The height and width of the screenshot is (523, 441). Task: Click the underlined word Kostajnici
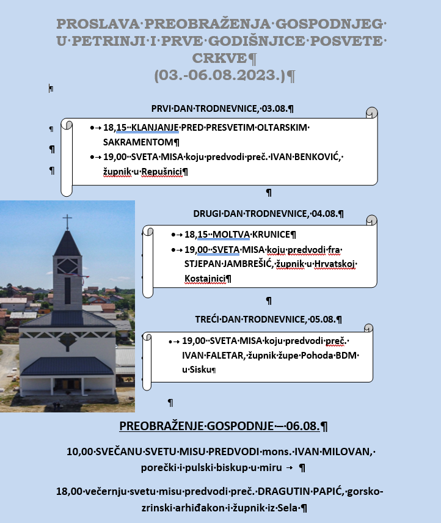(204, 279)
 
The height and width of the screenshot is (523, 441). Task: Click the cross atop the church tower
(67, 221)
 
